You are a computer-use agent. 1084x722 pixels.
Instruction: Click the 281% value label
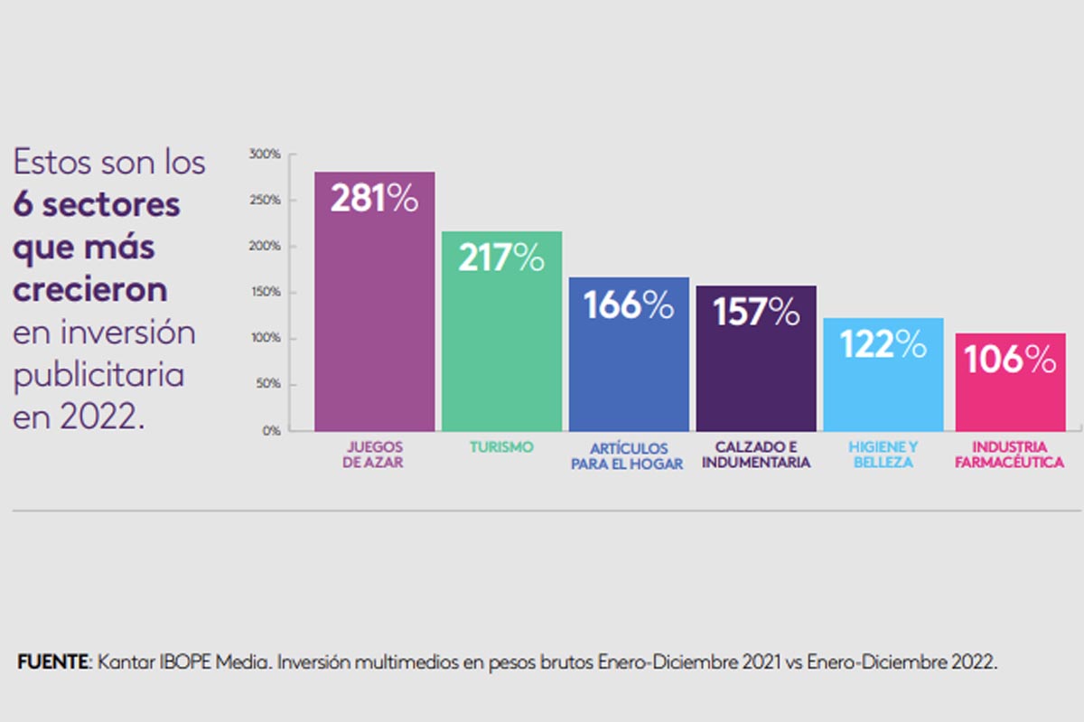pos(374,199)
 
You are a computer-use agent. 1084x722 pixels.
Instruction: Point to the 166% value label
pos(629,305)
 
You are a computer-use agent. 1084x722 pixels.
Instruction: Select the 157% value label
pos(756,312)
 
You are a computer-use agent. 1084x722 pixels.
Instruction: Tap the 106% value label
pos(1010,360)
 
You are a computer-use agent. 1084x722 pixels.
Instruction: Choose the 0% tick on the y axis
pos(272,431)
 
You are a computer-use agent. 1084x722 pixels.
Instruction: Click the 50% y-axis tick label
pos(270,385)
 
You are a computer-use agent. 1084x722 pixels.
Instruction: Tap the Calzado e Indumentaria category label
pos(756,455)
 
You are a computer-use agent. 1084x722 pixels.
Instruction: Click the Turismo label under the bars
pos(501,447)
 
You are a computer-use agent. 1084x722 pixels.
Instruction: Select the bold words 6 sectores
pos(97,204)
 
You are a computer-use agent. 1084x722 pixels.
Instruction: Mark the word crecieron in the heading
pos(90,290)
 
